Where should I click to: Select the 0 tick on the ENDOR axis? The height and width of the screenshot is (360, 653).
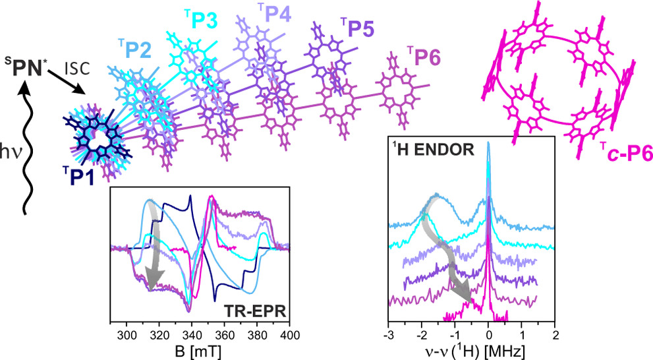(x=488, y=333)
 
